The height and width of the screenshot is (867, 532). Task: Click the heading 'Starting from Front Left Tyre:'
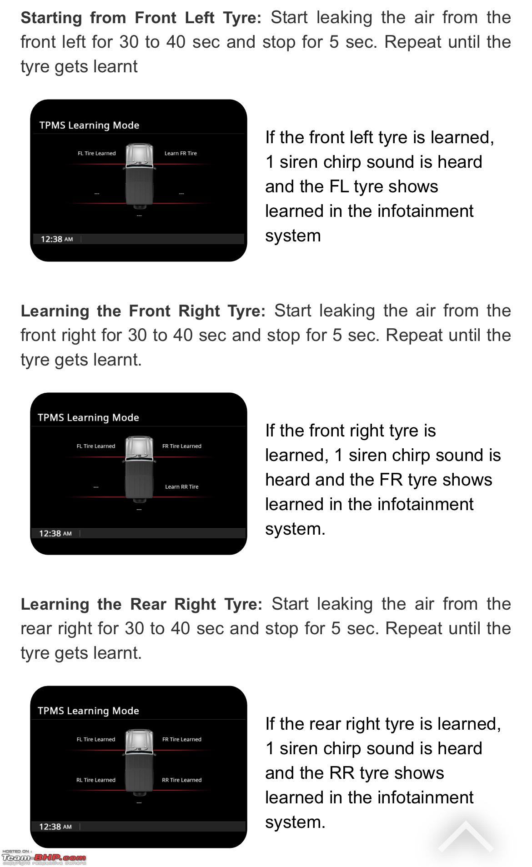tap(141, 18)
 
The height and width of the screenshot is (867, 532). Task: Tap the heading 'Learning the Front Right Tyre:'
tap(143, 311)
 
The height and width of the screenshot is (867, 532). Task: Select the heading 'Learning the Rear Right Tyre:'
tap(141, 605)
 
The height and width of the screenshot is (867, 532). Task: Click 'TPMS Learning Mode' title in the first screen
tap(89, 125)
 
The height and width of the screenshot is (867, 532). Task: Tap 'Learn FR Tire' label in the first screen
tap(181, 154)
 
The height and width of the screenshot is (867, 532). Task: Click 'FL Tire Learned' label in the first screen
tap(96, 154)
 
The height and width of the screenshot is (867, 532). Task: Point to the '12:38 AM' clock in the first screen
tap(56, 239)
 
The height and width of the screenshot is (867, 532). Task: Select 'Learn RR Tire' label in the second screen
tap(181, 487)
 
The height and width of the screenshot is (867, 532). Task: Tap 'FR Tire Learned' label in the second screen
tap(181, 446)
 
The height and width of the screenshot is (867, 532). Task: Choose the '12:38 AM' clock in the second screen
tap(55, 534)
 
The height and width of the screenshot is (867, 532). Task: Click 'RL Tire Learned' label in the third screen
tap(95, 780)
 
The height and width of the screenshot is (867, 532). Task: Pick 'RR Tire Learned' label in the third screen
tap(181, 780)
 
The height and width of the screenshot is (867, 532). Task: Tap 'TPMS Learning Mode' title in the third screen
tap(88, 711)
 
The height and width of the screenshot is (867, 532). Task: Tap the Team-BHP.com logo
tap(44, 857)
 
